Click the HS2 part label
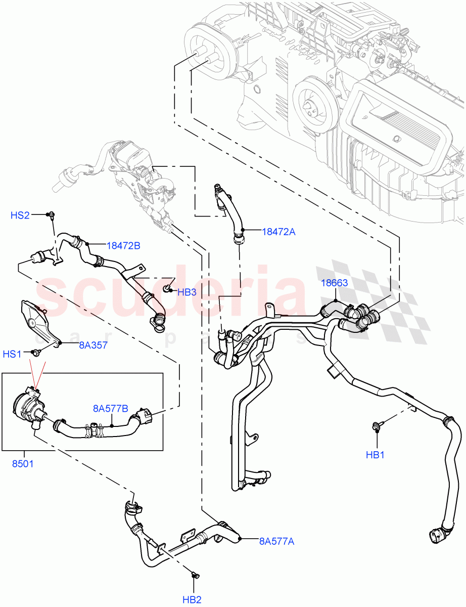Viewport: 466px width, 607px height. [x=20, y=215]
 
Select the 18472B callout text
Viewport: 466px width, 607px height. [x=123, y=246]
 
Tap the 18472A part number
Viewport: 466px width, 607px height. [x=278, y=232]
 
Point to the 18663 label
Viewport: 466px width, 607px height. [x=335, y=283]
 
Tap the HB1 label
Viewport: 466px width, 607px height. [x=376, y=455]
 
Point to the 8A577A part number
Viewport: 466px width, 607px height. [x=276, y=541]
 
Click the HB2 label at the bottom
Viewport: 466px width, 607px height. [x=192, y=600]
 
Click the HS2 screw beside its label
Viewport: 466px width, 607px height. [x=52, y=216]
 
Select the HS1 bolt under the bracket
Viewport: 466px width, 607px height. [x=36, y=353]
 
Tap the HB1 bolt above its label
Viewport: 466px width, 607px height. [x=377, y=427]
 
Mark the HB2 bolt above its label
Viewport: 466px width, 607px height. [x=196, y=575]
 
